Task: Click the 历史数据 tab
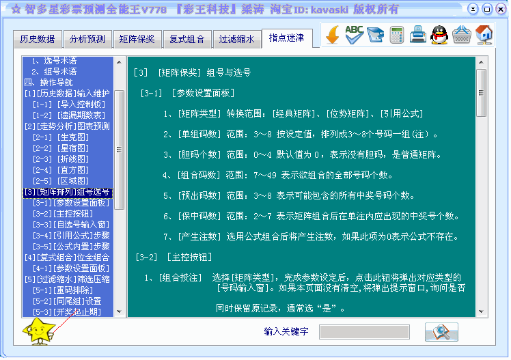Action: (x=37, y=39)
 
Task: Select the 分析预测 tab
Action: (x=87, y=39)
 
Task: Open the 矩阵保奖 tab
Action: (x=137, y=39)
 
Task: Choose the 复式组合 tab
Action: (x=187, y=39)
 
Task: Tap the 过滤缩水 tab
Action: (x=236, y=39)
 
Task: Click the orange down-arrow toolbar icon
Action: (x=333, y=35)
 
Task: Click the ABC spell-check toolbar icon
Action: (x=355, y=35)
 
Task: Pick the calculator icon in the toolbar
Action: (x=397, y=35)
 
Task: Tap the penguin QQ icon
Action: (x=439, y=35)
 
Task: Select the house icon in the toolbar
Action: (x=484, y=35)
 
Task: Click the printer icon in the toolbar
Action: (x=418, y=35)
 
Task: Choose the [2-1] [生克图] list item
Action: (x=61, y=137)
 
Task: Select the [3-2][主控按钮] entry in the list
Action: (x=63, y=214)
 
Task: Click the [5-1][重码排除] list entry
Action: (x=63, y=290)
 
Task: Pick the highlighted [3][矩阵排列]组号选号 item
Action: (x=68, y=192)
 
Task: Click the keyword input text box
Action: (x=364, y=332)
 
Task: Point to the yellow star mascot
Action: (x=38, y=331)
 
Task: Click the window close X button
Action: (x=501, y=9)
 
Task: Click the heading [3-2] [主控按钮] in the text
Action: (x=174, y=258)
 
